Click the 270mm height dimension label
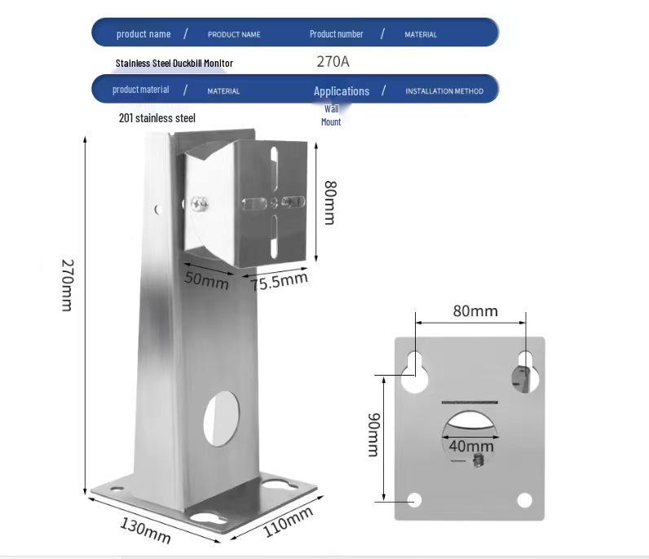[68, 285]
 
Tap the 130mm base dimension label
[145, 530]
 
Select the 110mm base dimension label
[288, 521]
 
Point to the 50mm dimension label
[206, 280]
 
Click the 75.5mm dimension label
[279, 281]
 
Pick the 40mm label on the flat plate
[471, 446]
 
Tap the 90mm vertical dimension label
[373, 434]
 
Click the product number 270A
[333, 62]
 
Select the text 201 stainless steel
[157, 118]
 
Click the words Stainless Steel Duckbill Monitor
[174, 64]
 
